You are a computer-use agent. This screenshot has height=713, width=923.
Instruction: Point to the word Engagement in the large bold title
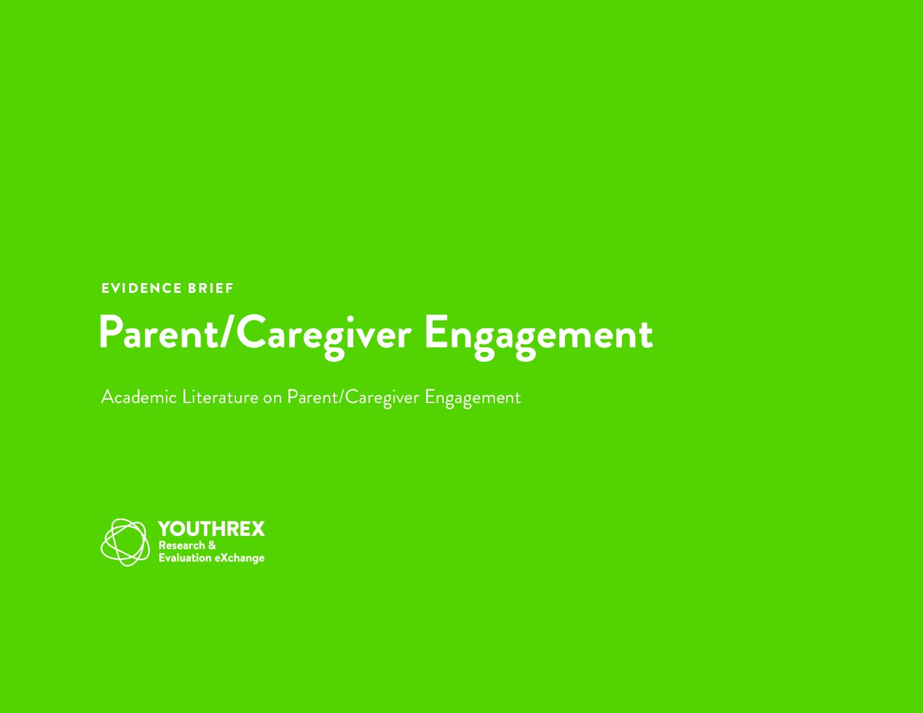[x=539, y=337]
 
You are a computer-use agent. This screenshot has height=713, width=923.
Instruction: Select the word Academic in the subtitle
[x=139, y=398]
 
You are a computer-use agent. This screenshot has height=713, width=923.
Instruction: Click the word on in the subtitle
[x=272, y=400]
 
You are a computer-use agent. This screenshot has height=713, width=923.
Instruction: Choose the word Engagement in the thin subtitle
[x=473, y=399]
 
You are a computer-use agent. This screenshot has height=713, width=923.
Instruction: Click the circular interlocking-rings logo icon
[x=125, y=543]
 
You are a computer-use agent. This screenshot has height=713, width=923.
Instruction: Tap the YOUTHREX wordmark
[x=211, y=529]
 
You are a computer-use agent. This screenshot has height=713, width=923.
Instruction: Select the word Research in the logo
[x=182, y=545]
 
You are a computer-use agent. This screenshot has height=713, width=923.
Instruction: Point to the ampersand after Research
[x=212, y=545]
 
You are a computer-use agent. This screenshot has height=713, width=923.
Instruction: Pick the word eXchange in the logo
[x=239, y=558]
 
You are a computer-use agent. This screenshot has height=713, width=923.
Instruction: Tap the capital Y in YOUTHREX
[x=165, y=529]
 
